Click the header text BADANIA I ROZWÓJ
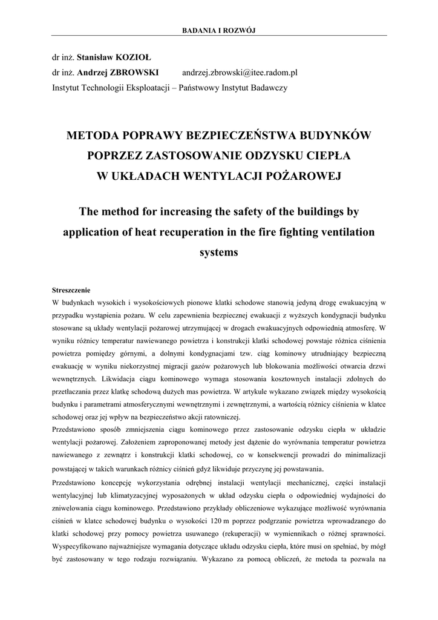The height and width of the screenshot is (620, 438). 219,31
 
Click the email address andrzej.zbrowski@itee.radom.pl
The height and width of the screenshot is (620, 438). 240,73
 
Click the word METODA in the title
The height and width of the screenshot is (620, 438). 92,135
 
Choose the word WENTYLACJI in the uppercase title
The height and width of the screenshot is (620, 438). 243,176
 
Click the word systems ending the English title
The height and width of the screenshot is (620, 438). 218,252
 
